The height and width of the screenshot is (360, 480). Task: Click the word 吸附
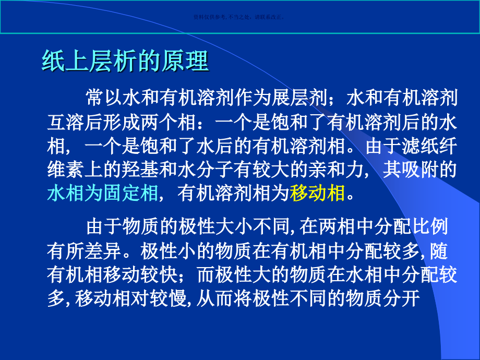pos(427,170)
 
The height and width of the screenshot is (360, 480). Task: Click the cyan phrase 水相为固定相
pos(102,194)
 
